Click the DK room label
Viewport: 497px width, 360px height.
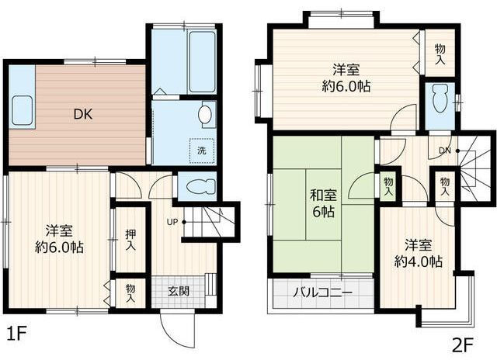click(x=84, y=115)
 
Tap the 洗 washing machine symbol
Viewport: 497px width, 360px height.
click(x=201, y=150)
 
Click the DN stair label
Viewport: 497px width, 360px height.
click(x=445, y=150)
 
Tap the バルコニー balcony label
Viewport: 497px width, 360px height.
click(x=323, y=293)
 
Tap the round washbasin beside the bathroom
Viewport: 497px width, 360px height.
click(x=206, y=115)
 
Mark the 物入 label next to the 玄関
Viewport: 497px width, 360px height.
click(x=130, y=292)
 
